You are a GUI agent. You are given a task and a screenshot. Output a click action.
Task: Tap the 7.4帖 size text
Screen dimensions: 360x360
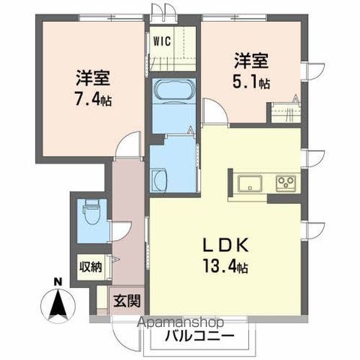tap(93, 100)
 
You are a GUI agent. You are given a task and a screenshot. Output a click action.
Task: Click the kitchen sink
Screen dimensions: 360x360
tap(249, 183)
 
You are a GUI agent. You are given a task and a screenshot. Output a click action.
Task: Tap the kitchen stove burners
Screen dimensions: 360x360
tap(285, 182)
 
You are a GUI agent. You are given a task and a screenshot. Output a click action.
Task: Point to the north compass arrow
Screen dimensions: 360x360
tap(58, 304)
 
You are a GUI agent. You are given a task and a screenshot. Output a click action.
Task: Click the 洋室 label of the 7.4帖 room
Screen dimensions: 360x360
tap(93, 77)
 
